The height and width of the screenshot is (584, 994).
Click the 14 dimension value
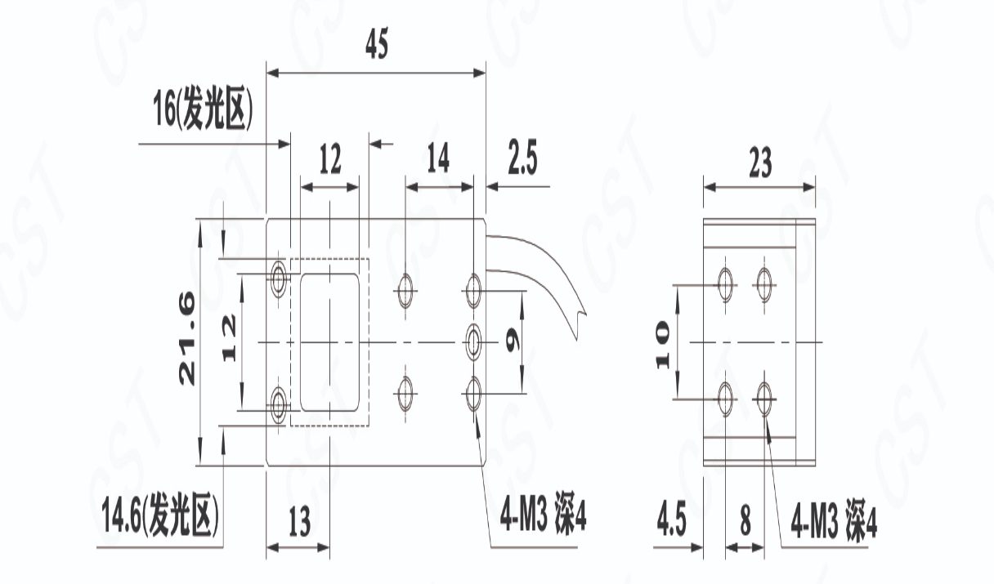coord(438,158)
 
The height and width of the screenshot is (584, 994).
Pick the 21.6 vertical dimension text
coord(187,340)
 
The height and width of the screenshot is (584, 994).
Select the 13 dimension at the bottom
coord(299,521)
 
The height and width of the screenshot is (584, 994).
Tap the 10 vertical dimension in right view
coord(661,344)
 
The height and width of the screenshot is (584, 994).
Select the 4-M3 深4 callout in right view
coord(835,524)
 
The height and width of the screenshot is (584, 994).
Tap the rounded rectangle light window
coord(330,342)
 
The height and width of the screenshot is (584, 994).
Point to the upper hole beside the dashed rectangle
coord(279,278)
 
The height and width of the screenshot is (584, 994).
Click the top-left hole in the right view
coord(724,283)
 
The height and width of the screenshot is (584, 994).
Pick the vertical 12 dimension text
coord(228,340)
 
